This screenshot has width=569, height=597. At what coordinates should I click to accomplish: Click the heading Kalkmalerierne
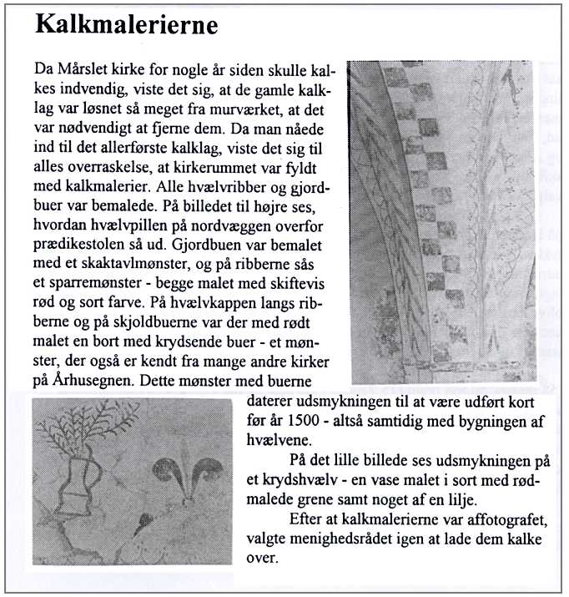tap(127, 25)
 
